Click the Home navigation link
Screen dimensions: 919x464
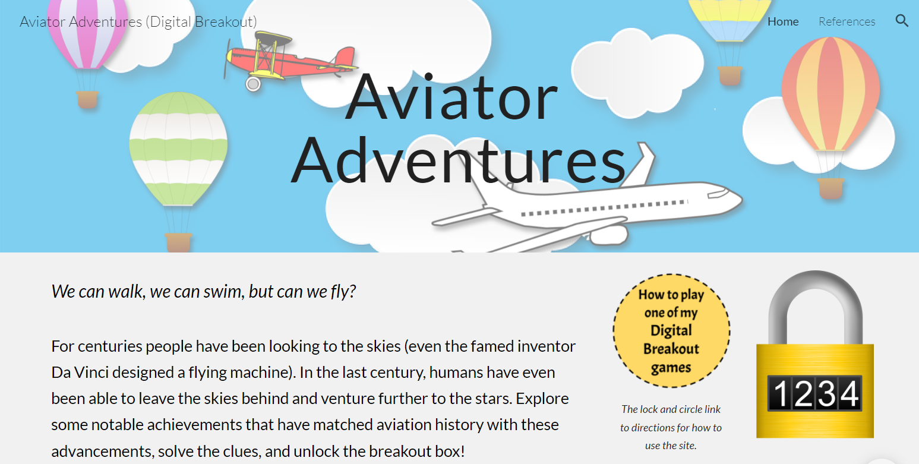tap(783, 21)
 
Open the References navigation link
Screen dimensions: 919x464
tap(847, 21)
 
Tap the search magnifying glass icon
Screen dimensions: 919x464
tap(902, 21)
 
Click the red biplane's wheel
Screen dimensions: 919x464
tap(253, 84)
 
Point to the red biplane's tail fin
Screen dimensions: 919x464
tap(346, 56)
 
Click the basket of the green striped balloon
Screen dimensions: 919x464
tap(178, 242)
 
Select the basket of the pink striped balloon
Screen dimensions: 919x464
tap(87, 100)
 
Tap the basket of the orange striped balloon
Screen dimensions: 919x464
tap(831, 188)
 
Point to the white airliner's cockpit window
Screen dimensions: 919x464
tap(718, 193)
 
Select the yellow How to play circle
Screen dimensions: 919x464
tap(671, 331)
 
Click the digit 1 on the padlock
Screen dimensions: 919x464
tap(781, 393)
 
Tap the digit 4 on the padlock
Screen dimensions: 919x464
tap(849, 393)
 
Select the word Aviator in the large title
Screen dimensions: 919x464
tap(451, 97)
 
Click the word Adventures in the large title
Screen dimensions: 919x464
tap(458, 160)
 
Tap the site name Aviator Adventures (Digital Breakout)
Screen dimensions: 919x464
tap(138, 22)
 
